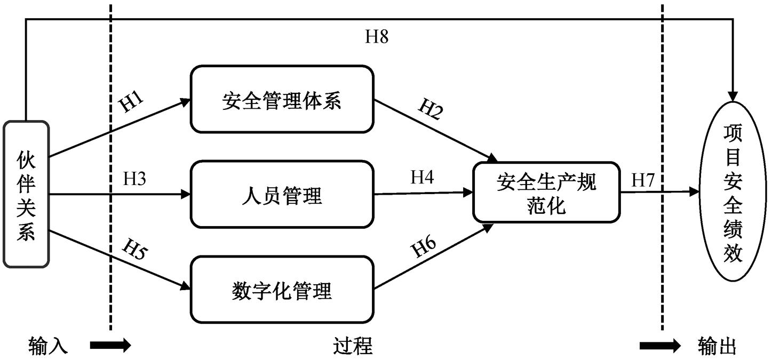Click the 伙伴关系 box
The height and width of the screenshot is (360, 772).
coord(26,194)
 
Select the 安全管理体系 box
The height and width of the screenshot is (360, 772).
coord(282,100)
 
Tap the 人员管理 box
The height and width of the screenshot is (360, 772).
coord(282,195)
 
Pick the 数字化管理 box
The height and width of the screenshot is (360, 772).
coord(282,290)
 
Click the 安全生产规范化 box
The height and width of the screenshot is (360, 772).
coord(546,194)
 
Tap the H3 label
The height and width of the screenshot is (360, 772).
coord(135,179)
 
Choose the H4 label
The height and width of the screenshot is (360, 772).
coord(422,177)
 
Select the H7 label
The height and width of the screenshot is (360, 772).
coord(643,180)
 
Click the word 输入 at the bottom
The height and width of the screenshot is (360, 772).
coord(48,346)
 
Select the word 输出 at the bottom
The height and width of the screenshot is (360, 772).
coord(717,346)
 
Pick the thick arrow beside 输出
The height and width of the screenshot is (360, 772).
coord(660,346)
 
